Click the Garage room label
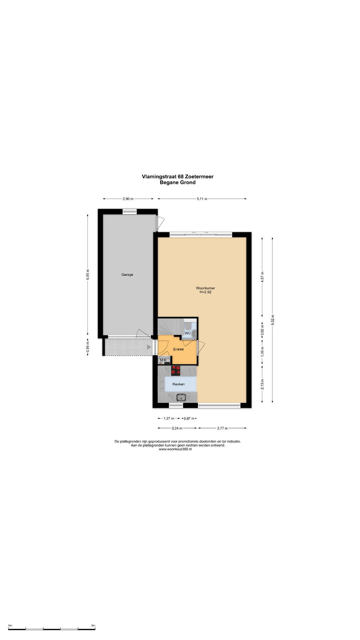point(127,275)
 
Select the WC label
point(188,333)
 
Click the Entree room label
point(178,349)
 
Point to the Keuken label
point(178,384)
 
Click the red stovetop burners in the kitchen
point(176,370)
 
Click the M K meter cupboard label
point(163,360)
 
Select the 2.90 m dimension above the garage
point(128,199)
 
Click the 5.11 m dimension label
point(202,199)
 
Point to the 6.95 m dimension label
point(88,275)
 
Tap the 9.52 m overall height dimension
point(273,320)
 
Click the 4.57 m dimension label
point(262,277)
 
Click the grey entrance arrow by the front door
point(149,347)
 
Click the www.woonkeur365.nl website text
point(175,449)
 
